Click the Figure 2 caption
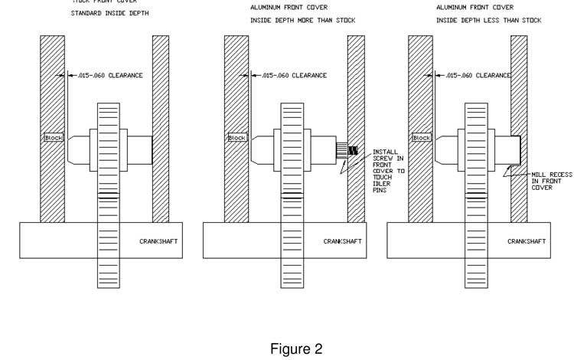[x=296, y=349]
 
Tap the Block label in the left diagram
[x=54, y=138]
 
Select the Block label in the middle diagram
[x=237, y=138]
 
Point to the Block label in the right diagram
[x=422, y=138]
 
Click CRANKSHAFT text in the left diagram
[x=159, y=241]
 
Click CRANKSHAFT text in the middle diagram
[x=343, y=241]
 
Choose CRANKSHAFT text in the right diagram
[x=527, y=241]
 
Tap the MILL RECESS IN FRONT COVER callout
[x=551, y=181]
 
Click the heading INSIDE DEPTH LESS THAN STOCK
[x=488, y=21]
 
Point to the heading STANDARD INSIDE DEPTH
[x=109, y=14]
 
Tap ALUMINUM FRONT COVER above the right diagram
[x=475, y=7]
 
